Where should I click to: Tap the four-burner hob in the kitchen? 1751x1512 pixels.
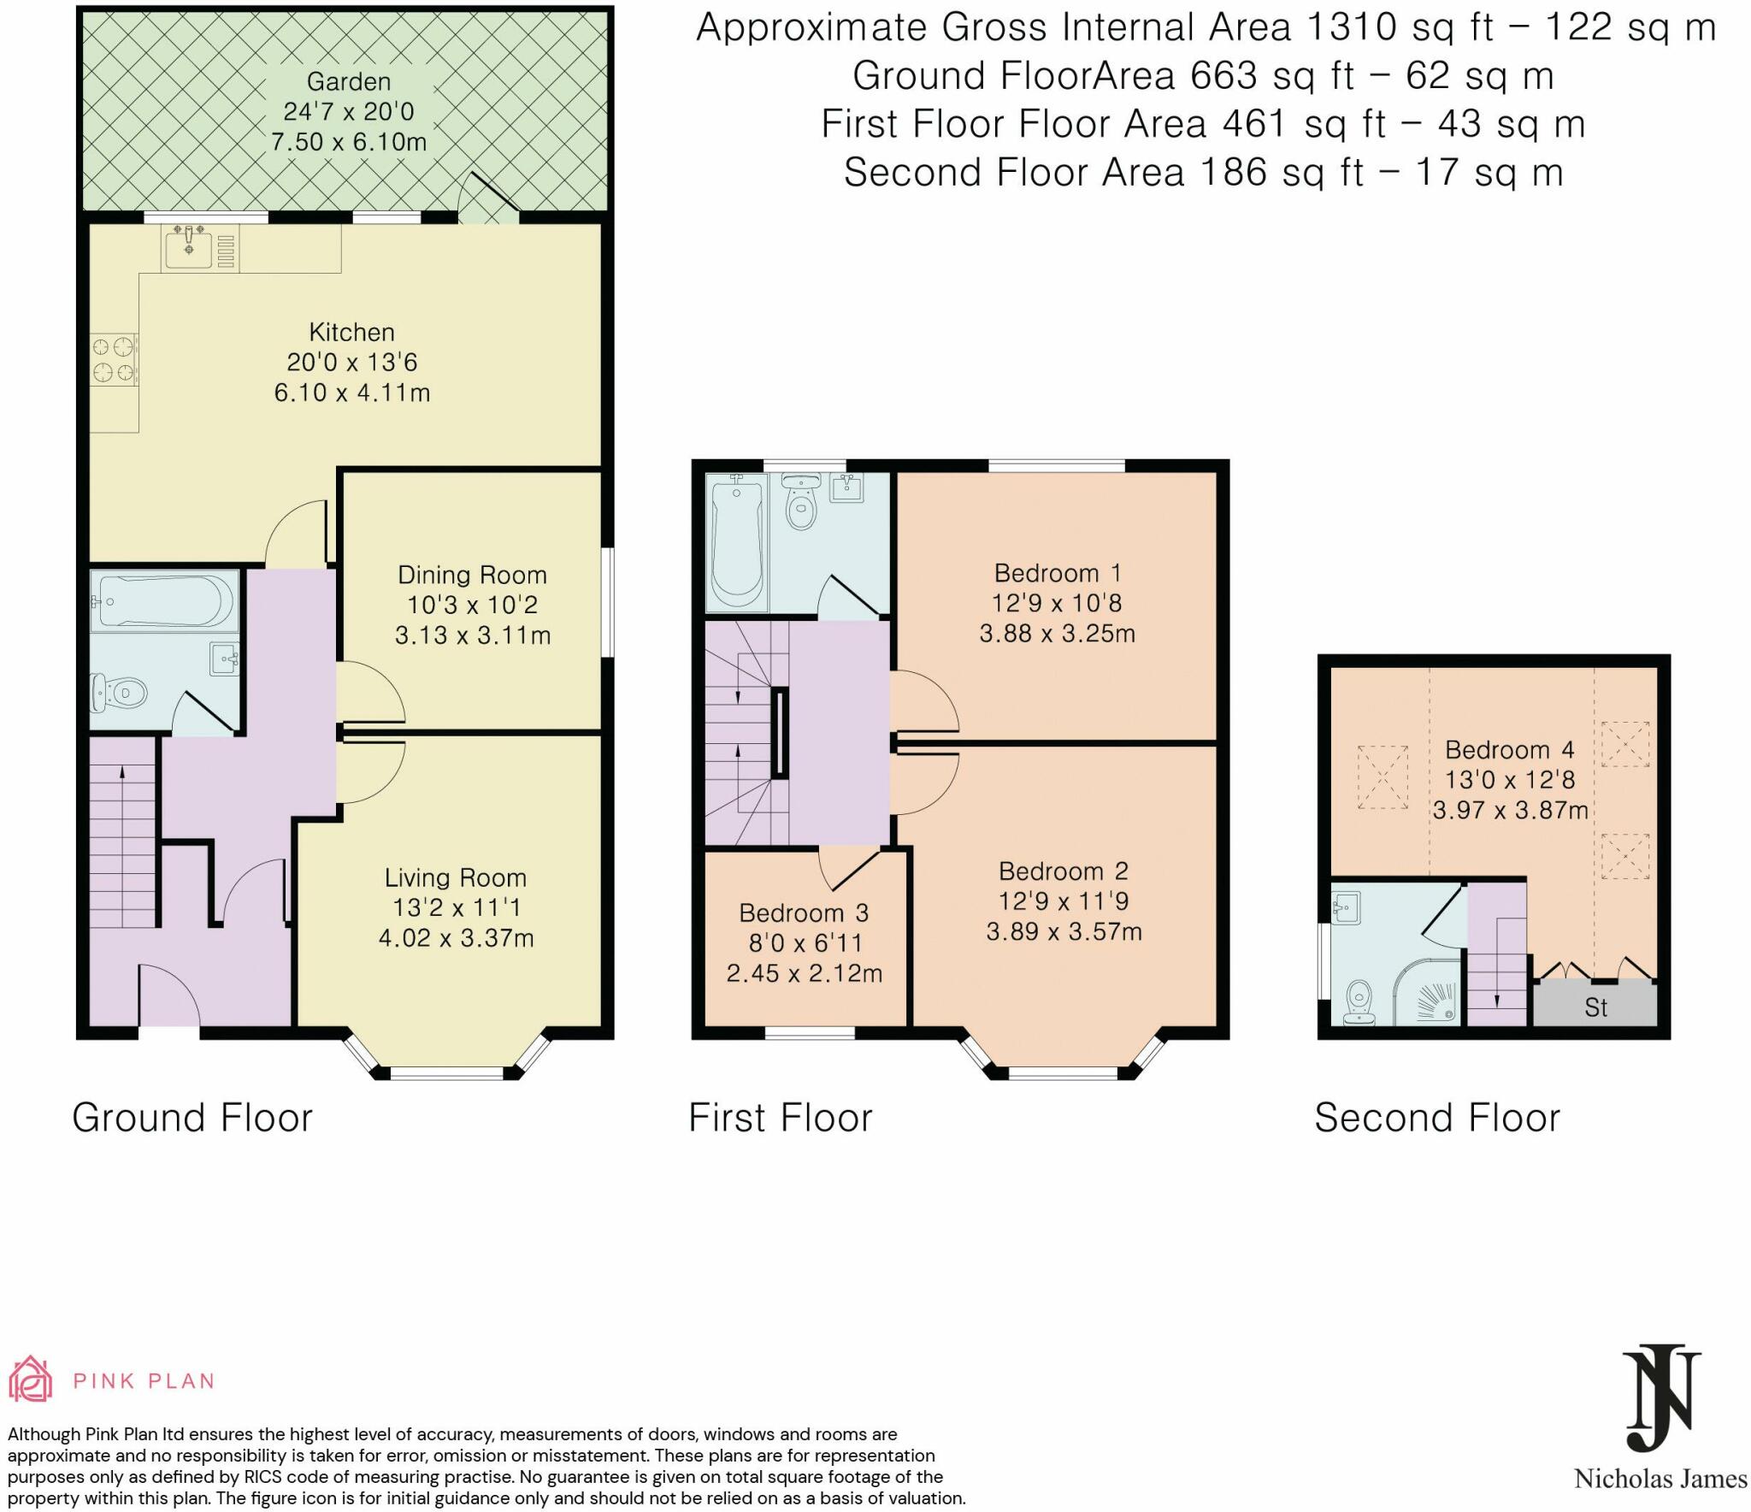(x=114, y=359)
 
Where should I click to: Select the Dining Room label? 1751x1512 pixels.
(x=472, y=575)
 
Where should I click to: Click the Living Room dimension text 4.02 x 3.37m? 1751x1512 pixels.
(x=456, y=938)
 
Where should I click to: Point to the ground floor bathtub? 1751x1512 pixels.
(x=164, y=601)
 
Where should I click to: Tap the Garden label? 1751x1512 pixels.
(x=349, y=81)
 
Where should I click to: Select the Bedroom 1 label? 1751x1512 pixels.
(x=1058, y=572)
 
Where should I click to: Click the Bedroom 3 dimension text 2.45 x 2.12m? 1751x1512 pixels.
(x=805, y=973)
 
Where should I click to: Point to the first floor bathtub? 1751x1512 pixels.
(x=736, y=541)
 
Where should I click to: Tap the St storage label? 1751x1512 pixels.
(x=1595, y=1007)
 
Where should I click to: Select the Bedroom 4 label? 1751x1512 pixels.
(x=1509, y=749)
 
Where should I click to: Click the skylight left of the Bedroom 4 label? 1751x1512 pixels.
(x=1382, y=777)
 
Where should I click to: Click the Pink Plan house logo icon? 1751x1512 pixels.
(x=31, y=1379)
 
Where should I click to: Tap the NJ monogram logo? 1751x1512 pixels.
(x=1661, y=1400)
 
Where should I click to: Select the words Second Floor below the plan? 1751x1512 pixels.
(x=1437, y=1118)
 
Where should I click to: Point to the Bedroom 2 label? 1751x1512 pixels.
(x=1064, y=871)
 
